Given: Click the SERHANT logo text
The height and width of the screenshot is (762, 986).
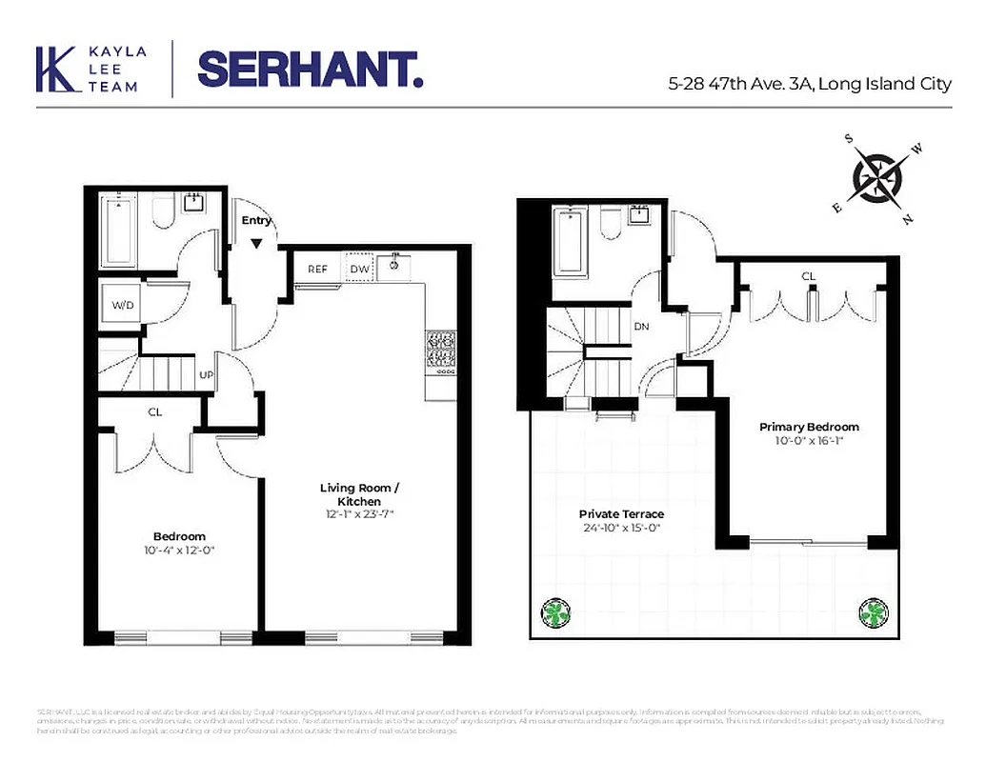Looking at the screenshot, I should pos(310,69).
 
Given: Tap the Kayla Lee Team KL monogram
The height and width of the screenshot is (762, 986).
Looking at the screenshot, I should pos(54,70).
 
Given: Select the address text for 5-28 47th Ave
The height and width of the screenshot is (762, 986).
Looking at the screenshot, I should pos(809,84).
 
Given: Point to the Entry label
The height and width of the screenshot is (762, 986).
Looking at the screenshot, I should pos(256,220).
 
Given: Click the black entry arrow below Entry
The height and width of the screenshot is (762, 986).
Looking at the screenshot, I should pos(256,243).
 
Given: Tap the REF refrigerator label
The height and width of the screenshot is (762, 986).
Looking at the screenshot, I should pos(317,270).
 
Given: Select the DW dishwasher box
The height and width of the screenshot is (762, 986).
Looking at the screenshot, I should pos(359,269).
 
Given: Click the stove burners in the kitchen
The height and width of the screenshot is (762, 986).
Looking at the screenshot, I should pos(441,349).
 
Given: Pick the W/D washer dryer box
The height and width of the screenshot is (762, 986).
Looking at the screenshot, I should pos(123,306).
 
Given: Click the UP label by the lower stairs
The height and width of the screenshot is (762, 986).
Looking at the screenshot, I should pos(206,374).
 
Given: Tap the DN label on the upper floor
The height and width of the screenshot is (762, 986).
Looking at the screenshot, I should pos(641,326).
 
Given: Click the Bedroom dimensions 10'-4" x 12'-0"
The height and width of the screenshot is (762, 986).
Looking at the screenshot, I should pos(179,550).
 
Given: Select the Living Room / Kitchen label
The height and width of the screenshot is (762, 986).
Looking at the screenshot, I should pos(359,494).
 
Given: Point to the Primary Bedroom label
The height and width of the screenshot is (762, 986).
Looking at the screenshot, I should pos(809,427).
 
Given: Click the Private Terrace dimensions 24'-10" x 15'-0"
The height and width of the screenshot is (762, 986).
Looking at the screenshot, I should pos(620,527).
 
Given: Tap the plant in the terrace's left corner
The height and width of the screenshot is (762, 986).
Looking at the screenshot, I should pos(556,612).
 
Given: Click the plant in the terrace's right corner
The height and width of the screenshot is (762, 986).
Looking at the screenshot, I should pos(873,612).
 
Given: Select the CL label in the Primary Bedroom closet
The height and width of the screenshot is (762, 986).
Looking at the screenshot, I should pos(808,276).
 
